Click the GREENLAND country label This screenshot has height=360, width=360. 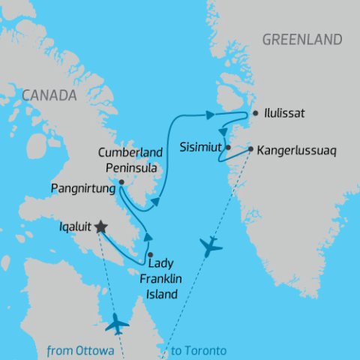point(302,40)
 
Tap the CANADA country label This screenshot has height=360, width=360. point(49,95)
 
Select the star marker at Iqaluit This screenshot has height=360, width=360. point(100,227)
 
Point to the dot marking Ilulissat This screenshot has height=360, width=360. point(256,113)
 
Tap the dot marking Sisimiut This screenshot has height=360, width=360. point(228,148)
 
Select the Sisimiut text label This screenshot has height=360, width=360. point(201,148)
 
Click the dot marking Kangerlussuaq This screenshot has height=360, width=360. point(250,148)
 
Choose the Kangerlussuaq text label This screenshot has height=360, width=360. point(297,150)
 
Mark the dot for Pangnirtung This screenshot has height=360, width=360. point(121,181)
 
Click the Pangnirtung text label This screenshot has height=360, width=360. point(83,189)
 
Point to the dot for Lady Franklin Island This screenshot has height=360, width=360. point(150,255)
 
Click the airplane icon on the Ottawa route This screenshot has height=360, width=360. point(117,324)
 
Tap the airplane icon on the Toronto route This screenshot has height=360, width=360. point(212,247)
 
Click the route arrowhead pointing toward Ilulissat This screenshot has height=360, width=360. point(209,115)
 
